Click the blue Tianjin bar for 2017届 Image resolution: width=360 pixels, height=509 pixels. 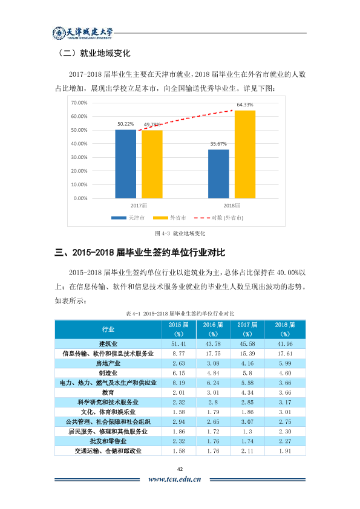125,164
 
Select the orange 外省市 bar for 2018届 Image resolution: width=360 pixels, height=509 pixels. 245,154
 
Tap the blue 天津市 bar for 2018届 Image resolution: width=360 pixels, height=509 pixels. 218,174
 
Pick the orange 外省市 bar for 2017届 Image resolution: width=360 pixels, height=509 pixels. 152,164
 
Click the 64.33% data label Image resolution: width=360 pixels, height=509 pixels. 245,105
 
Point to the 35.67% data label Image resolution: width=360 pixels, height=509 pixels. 218,144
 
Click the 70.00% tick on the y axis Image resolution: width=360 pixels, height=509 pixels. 79,103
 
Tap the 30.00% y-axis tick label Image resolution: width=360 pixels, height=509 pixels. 79,157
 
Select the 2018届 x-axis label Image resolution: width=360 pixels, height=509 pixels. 232,206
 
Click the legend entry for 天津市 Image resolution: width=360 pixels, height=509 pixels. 128,218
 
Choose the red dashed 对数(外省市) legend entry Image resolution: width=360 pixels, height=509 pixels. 218,218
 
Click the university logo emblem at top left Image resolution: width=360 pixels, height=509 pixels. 59,33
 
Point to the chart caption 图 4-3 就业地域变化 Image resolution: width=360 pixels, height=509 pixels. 180,233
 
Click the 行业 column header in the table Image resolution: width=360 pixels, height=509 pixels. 108,329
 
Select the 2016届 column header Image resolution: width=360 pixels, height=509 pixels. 213,329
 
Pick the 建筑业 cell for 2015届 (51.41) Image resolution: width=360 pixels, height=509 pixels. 178,344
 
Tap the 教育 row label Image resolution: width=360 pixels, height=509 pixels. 108,393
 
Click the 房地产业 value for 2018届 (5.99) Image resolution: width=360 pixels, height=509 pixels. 285,363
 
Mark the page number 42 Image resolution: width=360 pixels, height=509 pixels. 180,469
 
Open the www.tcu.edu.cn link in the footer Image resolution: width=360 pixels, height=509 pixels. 175,479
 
